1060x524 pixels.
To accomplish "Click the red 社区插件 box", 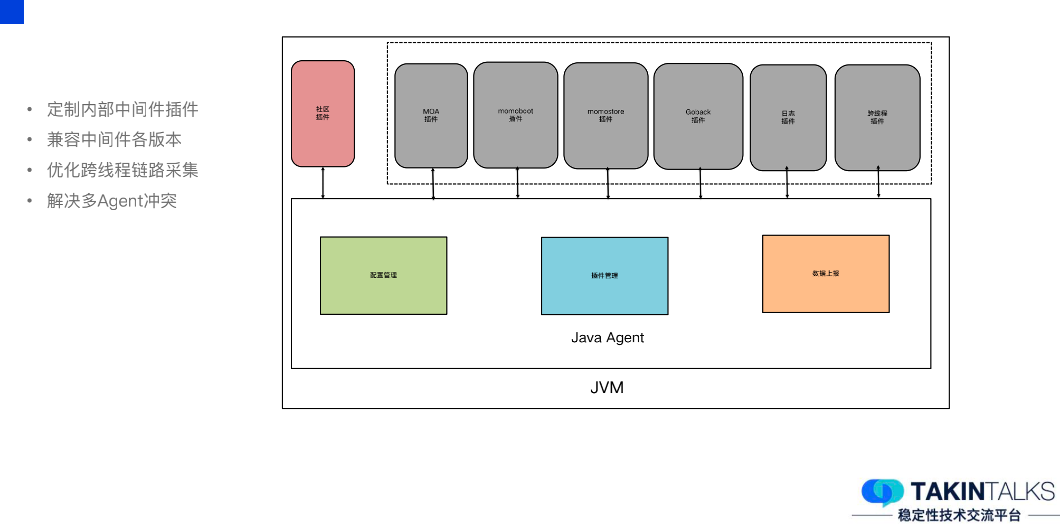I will (323, 114).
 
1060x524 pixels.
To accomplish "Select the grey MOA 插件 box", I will (431, 116).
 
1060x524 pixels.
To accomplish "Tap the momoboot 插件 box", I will (515, 115).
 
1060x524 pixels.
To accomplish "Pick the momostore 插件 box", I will (605, 116).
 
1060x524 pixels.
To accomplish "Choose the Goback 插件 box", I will (698, 116).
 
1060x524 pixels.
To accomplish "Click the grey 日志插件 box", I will (788, 117).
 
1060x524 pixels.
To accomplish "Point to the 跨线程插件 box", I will (877, 117).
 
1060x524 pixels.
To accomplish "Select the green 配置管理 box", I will (383, 275).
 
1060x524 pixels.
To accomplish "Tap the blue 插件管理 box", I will (604, 276).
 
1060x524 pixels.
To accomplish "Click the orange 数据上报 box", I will (826, 274).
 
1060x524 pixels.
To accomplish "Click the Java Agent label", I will (607, 338).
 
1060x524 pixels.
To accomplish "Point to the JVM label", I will (607, 388).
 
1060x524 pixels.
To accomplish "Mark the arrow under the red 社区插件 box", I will (323, 183).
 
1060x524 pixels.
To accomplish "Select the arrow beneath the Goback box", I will (701, 183).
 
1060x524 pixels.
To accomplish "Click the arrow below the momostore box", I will (608, 183).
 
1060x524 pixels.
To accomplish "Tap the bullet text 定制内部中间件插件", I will (122, 109).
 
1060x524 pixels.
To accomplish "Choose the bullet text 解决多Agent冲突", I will (112, 201).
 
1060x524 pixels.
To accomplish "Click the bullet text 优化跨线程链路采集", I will (122, 170).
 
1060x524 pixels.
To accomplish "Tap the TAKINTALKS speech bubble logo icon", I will (882, 491).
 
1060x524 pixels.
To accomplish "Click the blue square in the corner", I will (12, 12).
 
